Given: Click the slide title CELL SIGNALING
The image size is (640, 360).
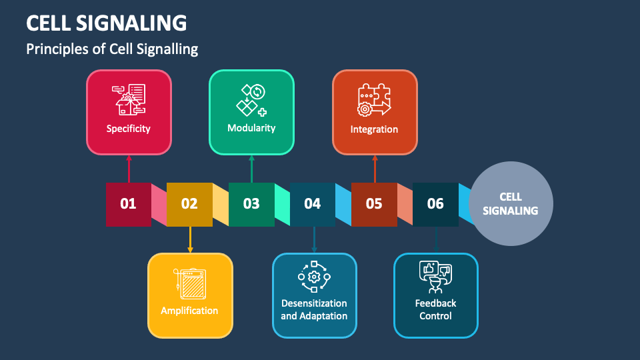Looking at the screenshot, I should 107,23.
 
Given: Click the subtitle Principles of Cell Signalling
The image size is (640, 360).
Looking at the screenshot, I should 112,49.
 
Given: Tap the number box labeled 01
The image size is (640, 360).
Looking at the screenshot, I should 128,204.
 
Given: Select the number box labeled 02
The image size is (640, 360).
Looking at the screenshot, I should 189,204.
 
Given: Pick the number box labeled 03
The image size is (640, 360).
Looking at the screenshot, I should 251,204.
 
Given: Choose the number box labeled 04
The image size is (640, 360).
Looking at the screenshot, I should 313,204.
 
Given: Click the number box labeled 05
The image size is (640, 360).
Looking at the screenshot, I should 374,204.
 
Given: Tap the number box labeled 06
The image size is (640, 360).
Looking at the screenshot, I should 435,204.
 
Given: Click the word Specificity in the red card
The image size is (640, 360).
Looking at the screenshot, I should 129,129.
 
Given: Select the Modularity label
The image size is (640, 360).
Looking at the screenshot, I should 251,128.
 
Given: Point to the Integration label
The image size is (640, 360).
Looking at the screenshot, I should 374,129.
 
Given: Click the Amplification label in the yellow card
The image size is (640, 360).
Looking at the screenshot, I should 189,311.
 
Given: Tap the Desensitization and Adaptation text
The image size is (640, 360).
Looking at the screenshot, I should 314,309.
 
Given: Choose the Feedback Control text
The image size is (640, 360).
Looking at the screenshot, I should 435,309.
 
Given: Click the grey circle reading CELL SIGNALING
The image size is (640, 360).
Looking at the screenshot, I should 512,204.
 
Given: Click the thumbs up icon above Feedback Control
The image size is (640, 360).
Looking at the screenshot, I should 429,270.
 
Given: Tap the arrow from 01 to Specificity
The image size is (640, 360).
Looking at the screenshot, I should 129,169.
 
